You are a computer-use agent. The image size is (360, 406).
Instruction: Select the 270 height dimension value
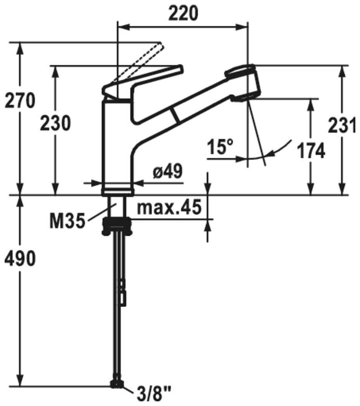(20, 101)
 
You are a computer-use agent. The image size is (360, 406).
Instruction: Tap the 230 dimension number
(55, 123)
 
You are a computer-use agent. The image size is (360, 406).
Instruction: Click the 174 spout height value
(311, 151)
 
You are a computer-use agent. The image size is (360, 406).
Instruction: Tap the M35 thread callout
(67, 221)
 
